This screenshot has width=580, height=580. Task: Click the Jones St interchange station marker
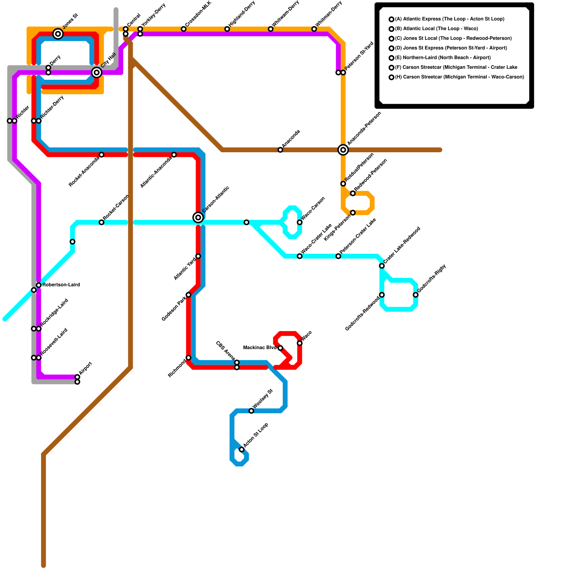[x=58, y=34]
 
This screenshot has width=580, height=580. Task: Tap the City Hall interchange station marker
[x=96, y=72]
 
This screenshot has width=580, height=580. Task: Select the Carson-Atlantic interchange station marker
[x=198, y=217]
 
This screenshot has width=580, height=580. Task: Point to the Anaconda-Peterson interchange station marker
[x=343, y=150]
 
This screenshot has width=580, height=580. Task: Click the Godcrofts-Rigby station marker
[x=415, y=295]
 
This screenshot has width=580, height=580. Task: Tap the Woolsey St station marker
[x=251, y=411]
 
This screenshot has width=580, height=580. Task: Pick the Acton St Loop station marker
[x=241, y=449]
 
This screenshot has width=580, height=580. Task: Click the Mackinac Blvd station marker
[x=280, y=348]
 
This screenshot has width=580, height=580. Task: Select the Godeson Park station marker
[x=188, y=295]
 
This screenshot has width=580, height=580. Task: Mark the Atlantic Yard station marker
[x=198, y=256]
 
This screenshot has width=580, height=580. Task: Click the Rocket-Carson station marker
[x=101, y=222]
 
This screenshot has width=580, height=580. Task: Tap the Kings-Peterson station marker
[x=353, y=212]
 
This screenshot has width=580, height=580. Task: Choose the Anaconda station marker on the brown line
[x=280, y=150]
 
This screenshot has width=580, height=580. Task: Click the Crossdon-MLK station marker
[x=183, y=29]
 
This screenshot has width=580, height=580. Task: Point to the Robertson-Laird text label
[x=61, y=285]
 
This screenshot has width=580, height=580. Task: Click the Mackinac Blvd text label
[x=260, y=348]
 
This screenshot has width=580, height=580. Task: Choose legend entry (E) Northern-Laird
[x=443, y=58]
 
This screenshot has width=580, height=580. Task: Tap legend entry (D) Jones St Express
[x=451, y=48]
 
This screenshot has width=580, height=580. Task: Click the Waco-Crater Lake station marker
[x=299, y=256]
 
